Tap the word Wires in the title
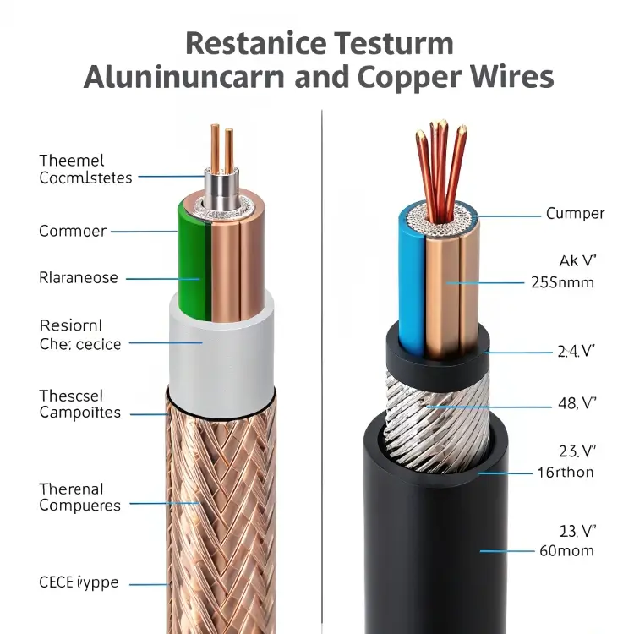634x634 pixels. tap(511, 76)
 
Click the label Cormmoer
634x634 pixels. tap(72, 231)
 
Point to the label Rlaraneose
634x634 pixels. tap(79, 277)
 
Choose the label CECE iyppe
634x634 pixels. tap(79, 582)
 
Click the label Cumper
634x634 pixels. tap(576, 213)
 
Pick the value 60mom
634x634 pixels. tap(565, 550)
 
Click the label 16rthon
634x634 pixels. tap(566, 472)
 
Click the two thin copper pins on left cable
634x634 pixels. tap(221, 148)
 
